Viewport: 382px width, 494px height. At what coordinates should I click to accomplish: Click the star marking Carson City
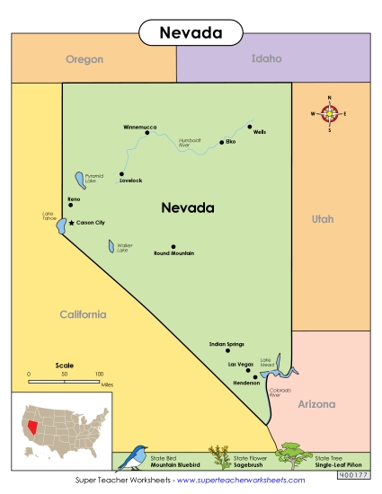(x=72, y=222)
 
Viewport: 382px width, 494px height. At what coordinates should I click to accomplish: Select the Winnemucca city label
(x=140, y=127)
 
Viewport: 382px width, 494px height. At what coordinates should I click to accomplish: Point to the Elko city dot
(x=221, y=142)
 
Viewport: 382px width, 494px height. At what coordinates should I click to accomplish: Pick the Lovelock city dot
(x=121, y=174)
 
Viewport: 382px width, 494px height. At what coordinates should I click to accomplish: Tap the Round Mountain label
(x=174, y=253)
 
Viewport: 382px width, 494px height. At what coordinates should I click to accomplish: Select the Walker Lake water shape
(x=111, y=246)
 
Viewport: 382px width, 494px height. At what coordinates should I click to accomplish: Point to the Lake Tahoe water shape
(x=61, y=225)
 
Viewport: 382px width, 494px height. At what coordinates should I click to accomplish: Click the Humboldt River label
(x=190, y=142)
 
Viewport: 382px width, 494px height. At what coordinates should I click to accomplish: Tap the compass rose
(x=330, y=113)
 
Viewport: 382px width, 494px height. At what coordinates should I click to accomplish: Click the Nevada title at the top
(x=191, y=33)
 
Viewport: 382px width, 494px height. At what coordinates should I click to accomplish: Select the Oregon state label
(x=84, y=59)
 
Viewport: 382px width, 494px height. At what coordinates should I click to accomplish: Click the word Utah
(x=321, y=218)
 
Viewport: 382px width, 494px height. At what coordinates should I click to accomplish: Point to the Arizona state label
(x=315, y=405)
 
